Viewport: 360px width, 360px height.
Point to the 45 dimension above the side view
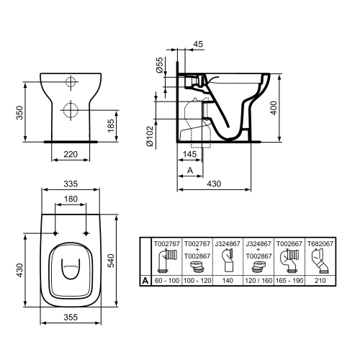click(198, 44)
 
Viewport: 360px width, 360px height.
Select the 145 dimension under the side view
click(191, 153)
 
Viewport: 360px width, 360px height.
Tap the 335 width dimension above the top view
click(71, 183)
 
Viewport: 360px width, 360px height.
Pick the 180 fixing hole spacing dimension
click(71, 199)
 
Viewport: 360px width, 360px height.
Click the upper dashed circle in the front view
click(71, 82)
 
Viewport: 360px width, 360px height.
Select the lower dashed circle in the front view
click(71, 110)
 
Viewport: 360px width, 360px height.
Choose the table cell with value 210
click(320, 281)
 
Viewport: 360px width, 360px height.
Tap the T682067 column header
click(320, 244)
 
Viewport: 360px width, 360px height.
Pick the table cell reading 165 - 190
click(290, 281)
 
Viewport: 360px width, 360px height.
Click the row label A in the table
click(146, 281)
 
